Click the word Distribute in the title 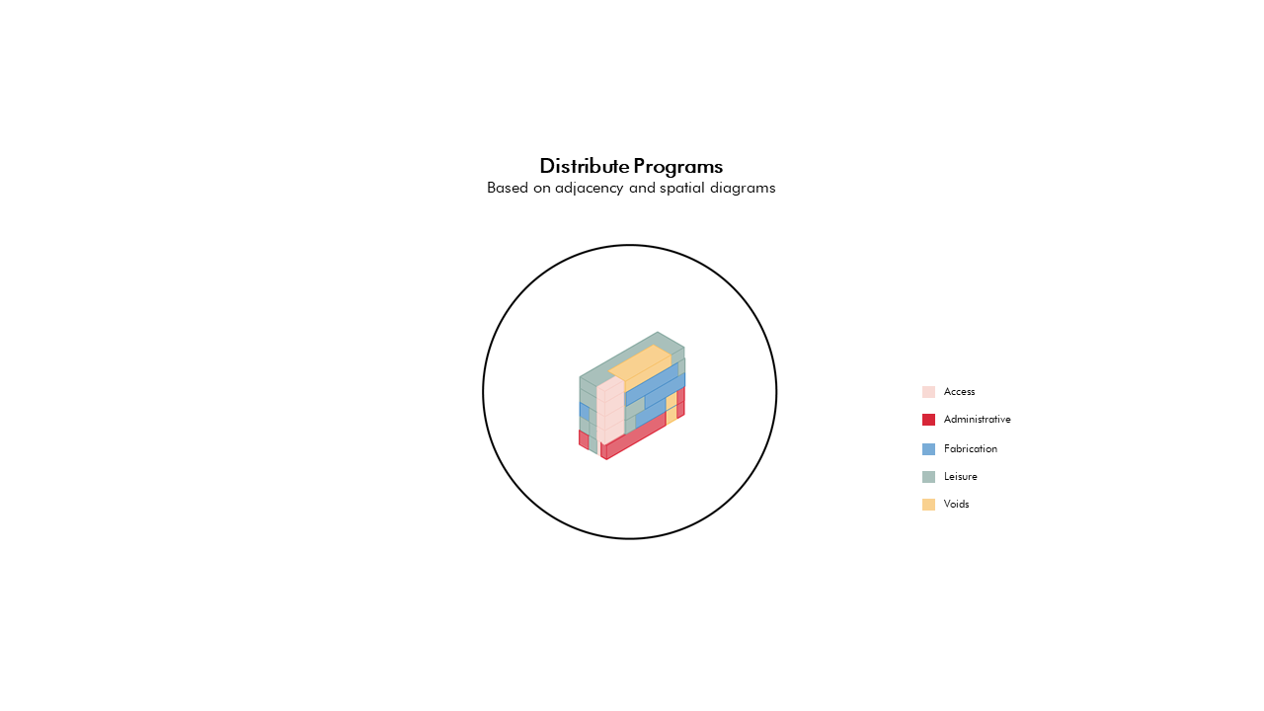coord(584,166)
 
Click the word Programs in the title coord(677,167)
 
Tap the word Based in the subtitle coord(508,188)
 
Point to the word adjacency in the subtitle coord(590,189)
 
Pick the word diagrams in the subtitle coord(743,189)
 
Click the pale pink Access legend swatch coord(928,392)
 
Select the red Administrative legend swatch coord(928,420)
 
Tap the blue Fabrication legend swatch coord(928,449)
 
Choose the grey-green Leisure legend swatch coord(928,477)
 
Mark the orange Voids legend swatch coord(928,505)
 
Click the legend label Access coord(959,392)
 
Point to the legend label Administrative coord(978,420)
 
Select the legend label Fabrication coord(971,448)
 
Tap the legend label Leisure coord(961,476)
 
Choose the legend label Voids coord(957,504)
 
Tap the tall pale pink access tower coord(610,411)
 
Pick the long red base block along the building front coord(634,436)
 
